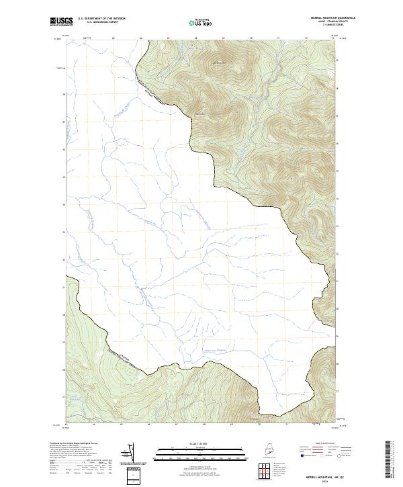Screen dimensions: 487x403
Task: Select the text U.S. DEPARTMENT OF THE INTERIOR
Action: pos(101,19)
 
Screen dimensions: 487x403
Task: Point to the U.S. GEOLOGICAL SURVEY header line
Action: pos(101,22)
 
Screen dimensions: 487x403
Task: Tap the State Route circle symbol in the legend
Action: pos(342,456)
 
